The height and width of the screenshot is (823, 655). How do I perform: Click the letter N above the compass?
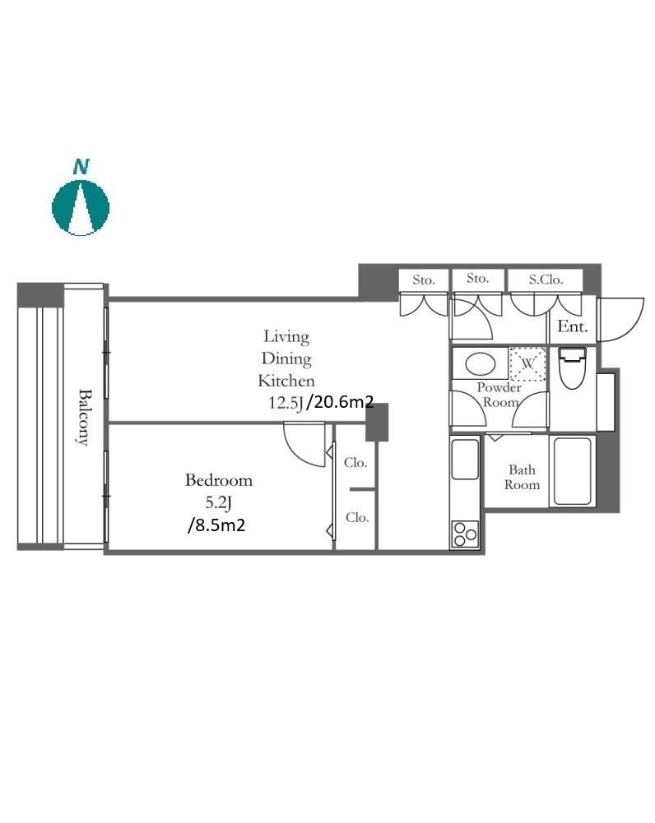coord(81,167)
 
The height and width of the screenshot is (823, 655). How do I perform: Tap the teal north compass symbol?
coord(81,207)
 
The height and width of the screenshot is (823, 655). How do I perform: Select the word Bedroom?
coord(219,479)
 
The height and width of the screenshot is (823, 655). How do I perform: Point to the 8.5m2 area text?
coord(216,525)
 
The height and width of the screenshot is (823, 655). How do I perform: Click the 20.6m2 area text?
coord(341,402)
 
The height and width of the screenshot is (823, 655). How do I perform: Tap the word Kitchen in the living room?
coord(286,381)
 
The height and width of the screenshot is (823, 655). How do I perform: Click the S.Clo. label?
coord(546,280)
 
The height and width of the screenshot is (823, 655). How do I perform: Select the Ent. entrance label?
coord(572,326)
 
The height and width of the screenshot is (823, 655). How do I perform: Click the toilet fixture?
coord(572,368)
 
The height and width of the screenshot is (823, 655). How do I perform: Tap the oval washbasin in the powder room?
coord(481,364)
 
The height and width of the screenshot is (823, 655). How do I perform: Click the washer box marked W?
coord(528,363)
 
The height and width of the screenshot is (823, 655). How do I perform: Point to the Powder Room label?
coord(499,395)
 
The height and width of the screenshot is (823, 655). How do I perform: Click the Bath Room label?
coord(523,477)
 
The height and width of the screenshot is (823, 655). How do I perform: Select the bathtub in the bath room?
coord(572,471)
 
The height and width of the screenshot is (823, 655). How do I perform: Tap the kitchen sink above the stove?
coord(465,460)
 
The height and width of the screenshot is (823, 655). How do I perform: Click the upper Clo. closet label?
coord(355,462)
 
